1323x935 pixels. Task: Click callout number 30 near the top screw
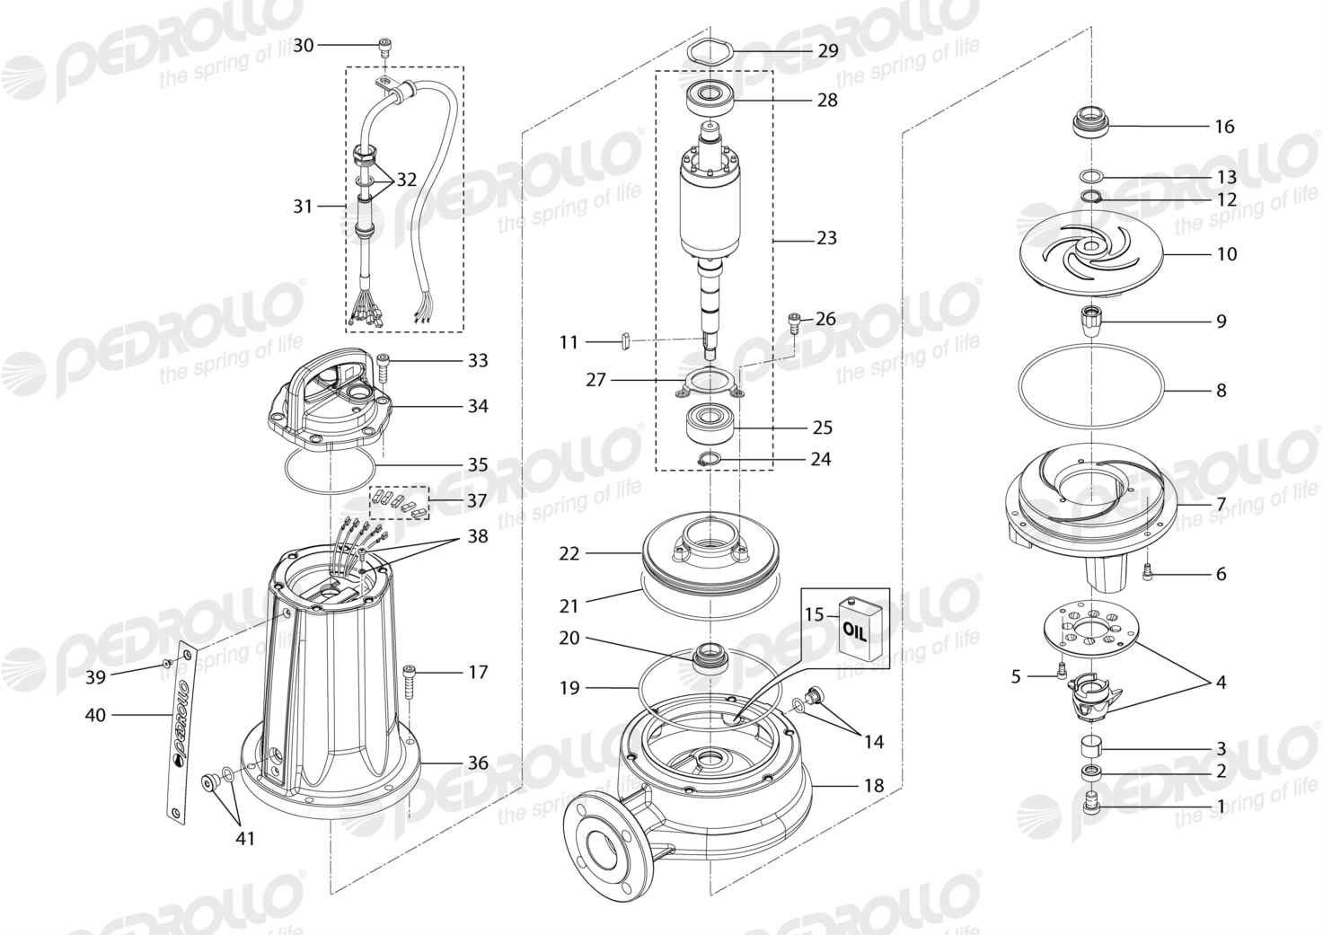(304, 46)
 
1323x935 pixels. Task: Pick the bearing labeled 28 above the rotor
(711, 99)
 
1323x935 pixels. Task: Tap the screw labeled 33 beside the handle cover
(384, 366)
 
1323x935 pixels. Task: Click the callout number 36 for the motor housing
(478, 763)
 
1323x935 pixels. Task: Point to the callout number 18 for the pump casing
(874, 786)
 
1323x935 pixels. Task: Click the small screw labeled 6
(1148, 573)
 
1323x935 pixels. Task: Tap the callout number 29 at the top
(828, 50)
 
